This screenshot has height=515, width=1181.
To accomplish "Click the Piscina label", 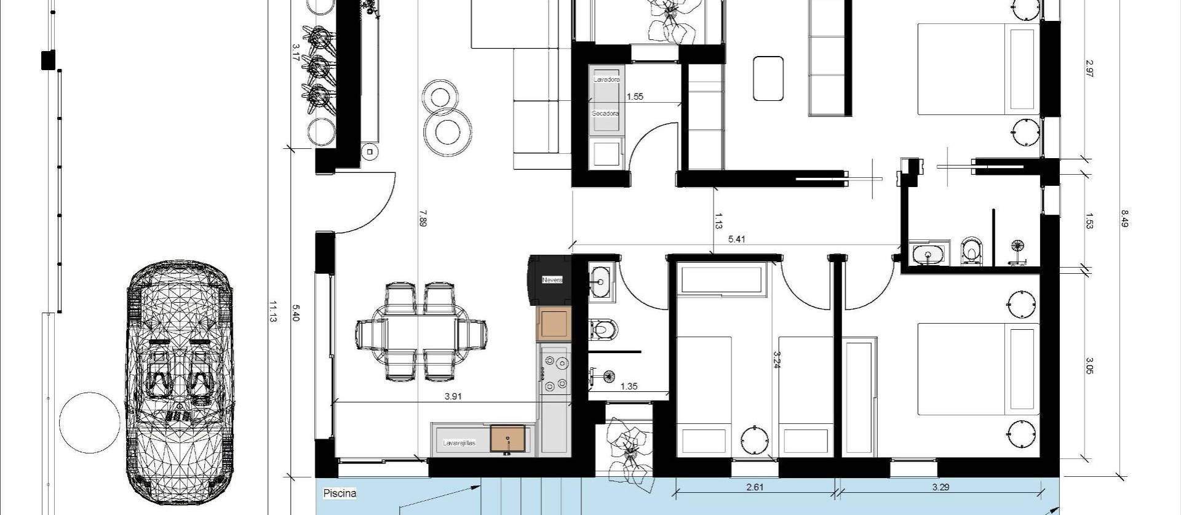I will [340, 493].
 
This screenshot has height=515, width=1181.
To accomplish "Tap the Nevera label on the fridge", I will [552, 280].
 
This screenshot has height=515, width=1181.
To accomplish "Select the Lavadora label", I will [606, 80].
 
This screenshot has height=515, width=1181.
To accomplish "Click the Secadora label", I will [605, 114].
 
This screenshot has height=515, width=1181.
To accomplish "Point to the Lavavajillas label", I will [459, 443].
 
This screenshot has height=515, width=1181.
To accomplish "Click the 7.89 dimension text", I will [422, 219].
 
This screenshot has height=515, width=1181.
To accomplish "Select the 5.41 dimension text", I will [736, 239].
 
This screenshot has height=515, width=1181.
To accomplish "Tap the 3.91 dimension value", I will [453, 396].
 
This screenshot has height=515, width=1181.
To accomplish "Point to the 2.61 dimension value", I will [755, 487].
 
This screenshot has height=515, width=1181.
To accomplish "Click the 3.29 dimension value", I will [940, 487].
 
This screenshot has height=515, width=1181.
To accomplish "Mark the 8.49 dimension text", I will [1125, 219].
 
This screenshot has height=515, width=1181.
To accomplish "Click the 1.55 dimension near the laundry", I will [635, 97].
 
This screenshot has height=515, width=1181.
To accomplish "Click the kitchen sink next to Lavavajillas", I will [508, 438].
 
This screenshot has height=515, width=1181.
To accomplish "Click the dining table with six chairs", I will [422, 332].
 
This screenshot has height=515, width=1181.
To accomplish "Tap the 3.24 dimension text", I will [777, 360].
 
